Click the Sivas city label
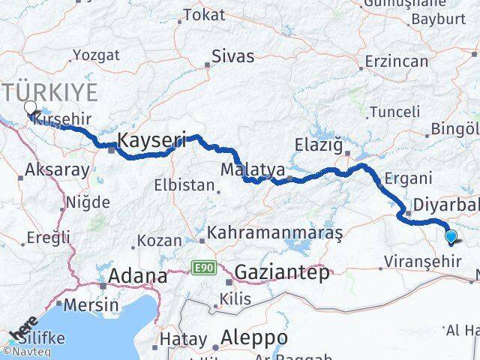[x=232, y=56]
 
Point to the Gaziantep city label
[x=281, y=272]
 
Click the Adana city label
[x=138, y=276]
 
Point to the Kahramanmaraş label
[x=275, y=233]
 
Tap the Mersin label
[x=91, y=305]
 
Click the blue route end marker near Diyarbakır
[x=451, y=237]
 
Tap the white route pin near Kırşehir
[x=31, y=109]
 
